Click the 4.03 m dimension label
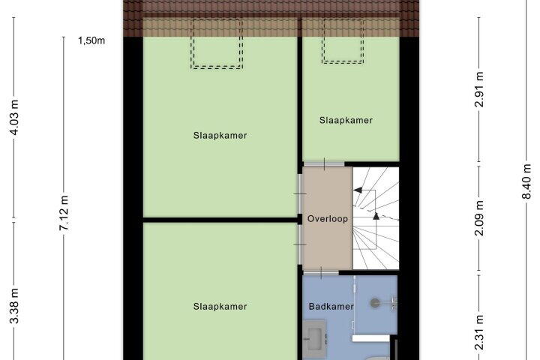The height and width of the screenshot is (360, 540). [x=14, y=117]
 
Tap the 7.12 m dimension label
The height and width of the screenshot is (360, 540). [x=64, y=213]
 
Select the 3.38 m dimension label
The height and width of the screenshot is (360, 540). [x=14, y=305]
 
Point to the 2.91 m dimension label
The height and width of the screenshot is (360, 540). [x=479, y=89]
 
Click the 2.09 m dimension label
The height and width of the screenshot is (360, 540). [x=479, y=218]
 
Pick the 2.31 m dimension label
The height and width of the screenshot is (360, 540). [x=479, y=332]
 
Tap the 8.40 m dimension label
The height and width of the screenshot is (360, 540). [x=526, y=181]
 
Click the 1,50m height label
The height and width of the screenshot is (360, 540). [x=91, y=40]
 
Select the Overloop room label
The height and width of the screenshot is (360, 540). [x=328, y=219]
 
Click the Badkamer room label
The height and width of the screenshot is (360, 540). [x=331, y=306]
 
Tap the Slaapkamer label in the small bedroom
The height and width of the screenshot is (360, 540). [x=346, y=120]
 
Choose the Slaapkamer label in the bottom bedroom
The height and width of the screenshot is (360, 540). [x=220, y=306]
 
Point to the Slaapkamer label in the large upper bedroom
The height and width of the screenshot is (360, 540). [x=220, y=136]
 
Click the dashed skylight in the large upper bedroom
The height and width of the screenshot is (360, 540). [x=217, y=68]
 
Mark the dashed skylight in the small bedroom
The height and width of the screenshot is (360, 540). [x=343, y=63]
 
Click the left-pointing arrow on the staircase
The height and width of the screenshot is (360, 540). [x=358, y=190]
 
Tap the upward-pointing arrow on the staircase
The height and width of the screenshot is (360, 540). [x=376, y=216]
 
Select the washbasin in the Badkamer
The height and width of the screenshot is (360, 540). [x=314, y=334]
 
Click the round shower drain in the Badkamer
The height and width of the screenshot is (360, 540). [x=375, y=303]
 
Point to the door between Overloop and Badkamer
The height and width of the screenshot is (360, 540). [x=321, y=273]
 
